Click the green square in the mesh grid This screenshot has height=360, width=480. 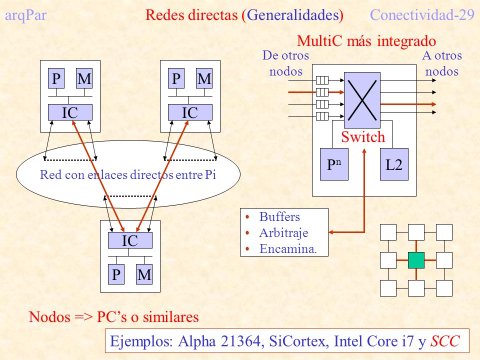click(416, 260)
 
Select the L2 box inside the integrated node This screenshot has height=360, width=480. click(394, 164)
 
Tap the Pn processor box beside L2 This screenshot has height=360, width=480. click(334, 164)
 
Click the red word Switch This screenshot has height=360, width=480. click(363, 136)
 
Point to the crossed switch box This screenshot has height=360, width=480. click(362, 100)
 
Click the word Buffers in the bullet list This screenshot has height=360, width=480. click(279, 216)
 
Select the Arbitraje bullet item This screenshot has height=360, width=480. click(283, 232)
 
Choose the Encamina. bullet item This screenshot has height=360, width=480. click(288, 248)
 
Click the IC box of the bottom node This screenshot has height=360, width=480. click(130, 240)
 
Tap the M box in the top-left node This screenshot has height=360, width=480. click(84, 78)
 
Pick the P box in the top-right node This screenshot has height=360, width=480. click(176, 78)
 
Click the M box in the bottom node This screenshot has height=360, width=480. click(144, 274)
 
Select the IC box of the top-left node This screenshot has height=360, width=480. click(70, 112)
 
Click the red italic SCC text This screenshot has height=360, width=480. click(445, 341)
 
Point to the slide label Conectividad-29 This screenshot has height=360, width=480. click(422, 14)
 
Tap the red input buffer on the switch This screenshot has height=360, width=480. click(322, 92)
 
